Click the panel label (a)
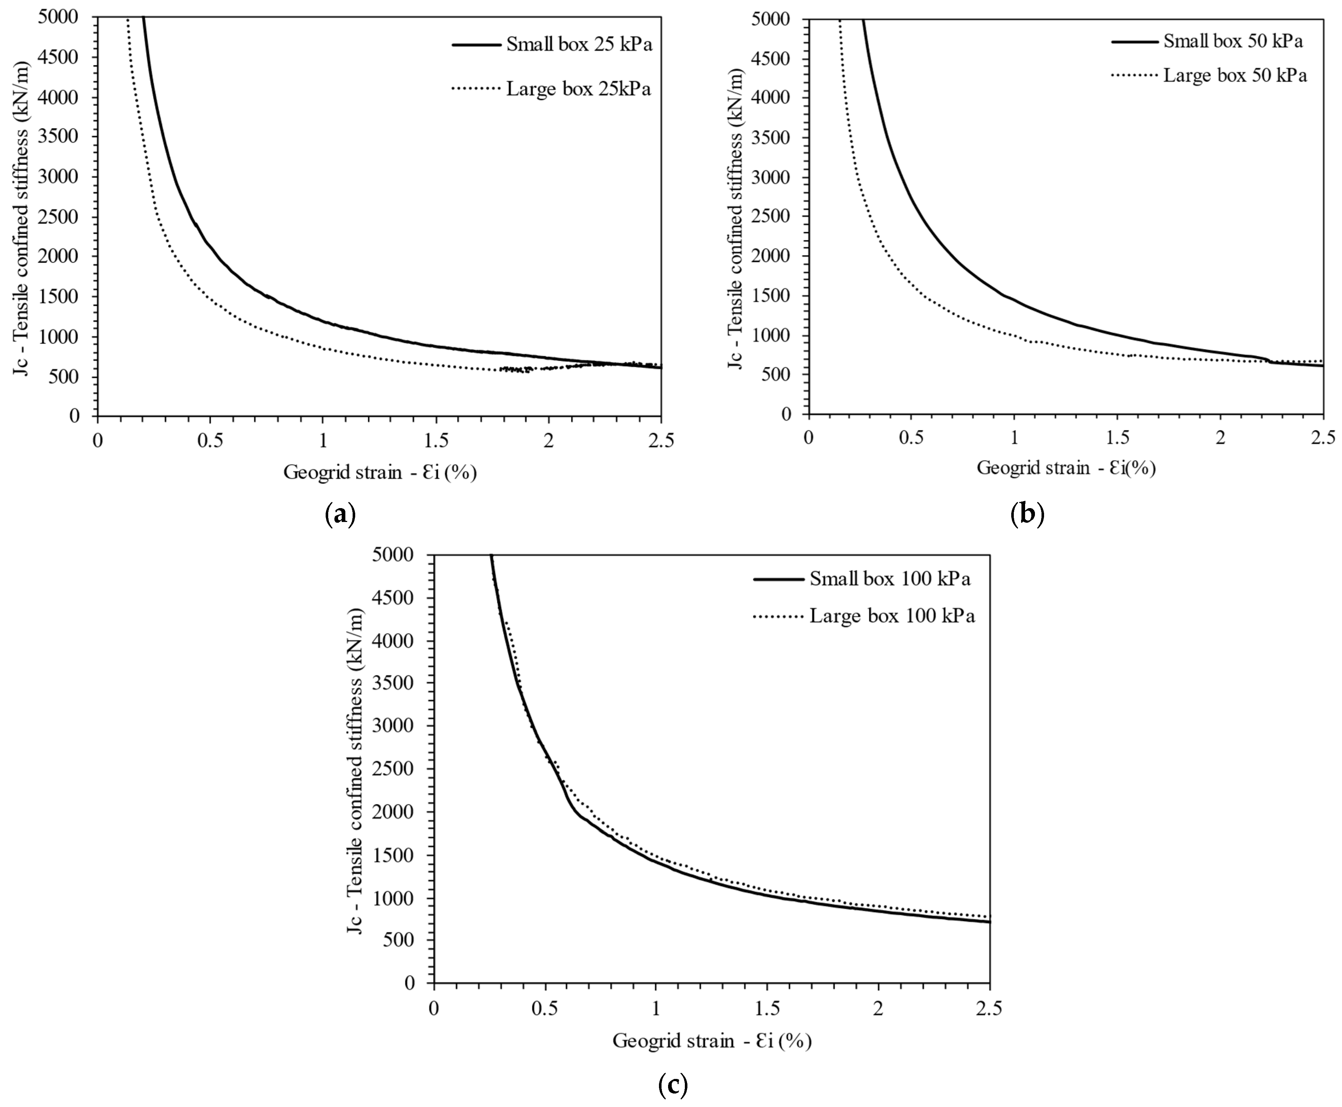tap(340, 513)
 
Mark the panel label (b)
tap(1028, 513)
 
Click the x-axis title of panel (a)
tap(380, 472)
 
